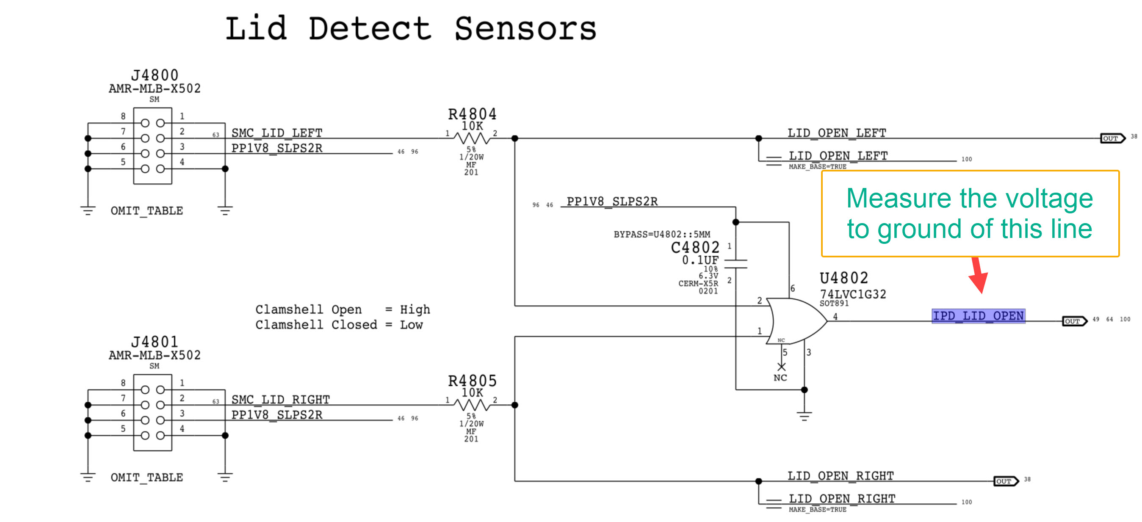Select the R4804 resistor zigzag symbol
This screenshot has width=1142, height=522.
[x=472, y=138]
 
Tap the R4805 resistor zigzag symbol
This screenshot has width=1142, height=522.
[x=472, y=405]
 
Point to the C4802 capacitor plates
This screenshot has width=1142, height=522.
[x=736, y=264]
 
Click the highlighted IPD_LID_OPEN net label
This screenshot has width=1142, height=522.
[x=978, y=316]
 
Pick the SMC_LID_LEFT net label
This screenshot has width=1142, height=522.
[x=277, y=133]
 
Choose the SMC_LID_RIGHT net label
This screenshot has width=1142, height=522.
[x=281, y=400]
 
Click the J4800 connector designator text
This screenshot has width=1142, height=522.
[x=155, y=75]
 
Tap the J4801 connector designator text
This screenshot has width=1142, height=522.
[x=155, y=342]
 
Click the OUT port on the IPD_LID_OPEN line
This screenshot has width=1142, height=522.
[x=1074, y=321]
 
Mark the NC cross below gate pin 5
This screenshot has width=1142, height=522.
[x=781, y=367]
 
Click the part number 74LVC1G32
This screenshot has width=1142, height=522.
[x=852, y=294]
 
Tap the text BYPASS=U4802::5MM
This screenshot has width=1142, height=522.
[x=661, y=235]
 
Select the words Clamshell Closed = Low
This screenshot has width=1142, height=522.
[x=339, y=325]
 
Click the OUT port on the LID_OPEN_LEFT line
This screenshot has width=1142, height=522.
[x=1112, y=138]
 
